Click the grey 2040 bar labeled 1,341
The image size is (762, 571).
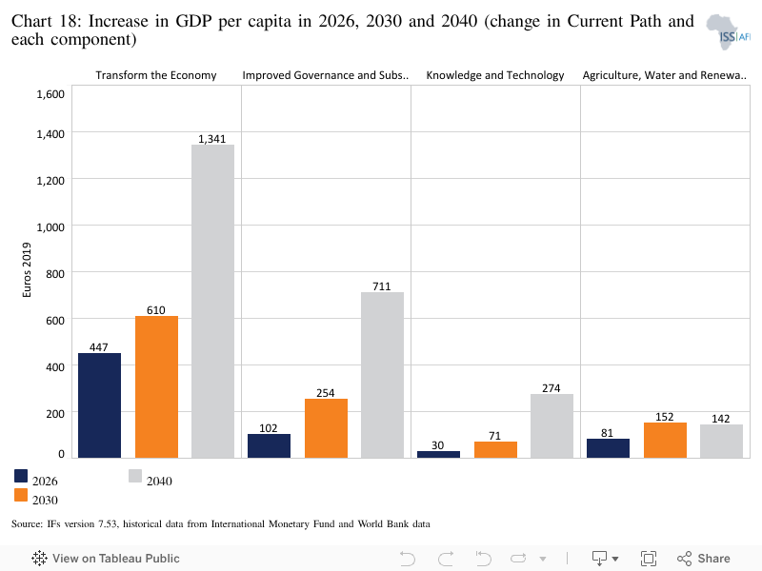(x=212, y=301)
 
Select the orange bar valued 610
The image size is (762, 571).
(x=156, y=387)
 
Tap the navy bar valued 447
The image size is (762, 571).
(x=100, y=405)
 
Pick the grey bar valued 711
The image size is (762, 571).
(x=383, y=375)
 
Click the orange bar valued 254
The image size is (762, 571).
(x=326, y=428)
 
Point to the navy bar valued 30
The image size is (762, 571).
(x=438, y=455)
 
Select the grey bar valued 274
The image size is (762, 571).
(x=552, y=425)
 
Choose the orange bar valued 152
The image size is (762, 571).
(x=665, y=441)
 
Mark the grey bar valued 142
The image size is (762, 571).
(x=722, y=442)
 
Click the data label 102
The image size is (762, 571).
(x=269, y=428)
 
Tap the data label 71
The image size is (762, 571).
(x=494, y=436)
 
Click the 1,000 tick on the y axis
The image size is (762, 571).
(x=50, y=227)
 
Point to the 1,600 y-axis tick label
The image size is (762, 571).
(x=50, y=94)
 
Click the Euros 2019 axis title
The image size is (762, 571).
(x=27, y=270)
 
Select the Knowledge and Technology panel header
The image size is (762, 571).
(x=495, y=75)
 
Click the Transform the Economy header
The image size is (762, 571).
(x=156, y=75)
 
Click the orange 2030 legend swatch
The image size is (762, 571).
(x=21, y=495)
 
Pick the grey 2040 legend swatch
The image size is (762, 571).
(x=135, y=476)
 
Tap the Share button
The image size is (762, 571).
(x=704, y=559)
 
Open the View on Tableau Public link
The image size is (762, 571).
(x=106, y=559)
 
